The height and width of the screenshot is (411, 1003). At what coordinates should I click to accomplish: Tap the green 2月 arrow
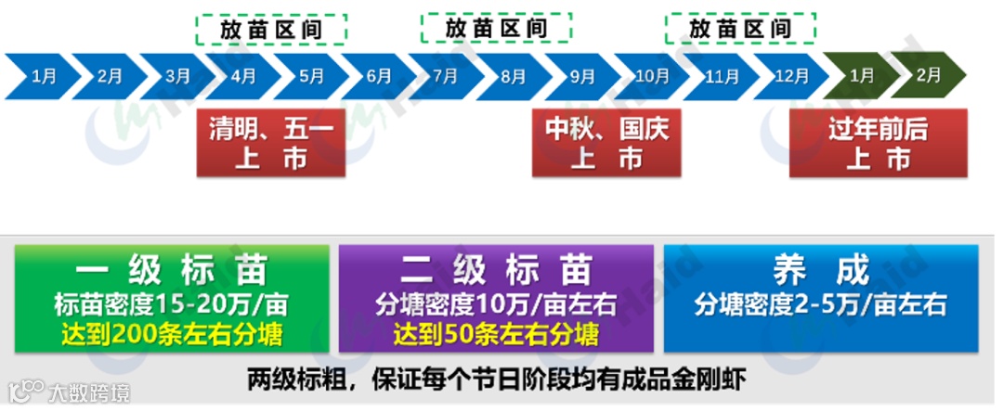(x=927, y=76)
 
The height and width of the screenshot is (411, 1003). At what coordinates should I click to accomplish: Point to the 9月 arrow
(x=581, y=76)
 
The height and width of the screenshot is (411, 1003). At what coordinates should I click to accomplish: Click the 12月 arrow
(x=790, y=76)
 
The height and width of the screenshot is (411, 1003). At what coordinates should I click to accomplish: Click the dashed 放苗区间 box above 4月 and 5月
(x=271, y=29)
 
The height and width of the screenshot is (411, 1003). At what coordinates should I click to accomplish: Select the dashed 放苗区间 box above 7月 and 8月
(x=496, y=29)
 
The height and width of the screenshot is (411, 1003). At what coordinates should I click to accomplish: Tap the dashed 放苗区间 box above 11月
(x=740, y=29)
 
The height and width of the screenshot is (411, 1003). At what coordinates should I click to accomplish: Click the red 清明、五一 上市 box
(x=271, y=143)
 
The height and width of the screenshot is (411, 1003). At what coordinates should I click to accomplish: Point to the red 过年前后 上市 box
(x=878, y=143)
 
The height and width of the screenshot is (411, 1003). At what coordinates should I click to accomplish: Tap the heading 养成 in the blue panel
(x=820, y=270)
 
